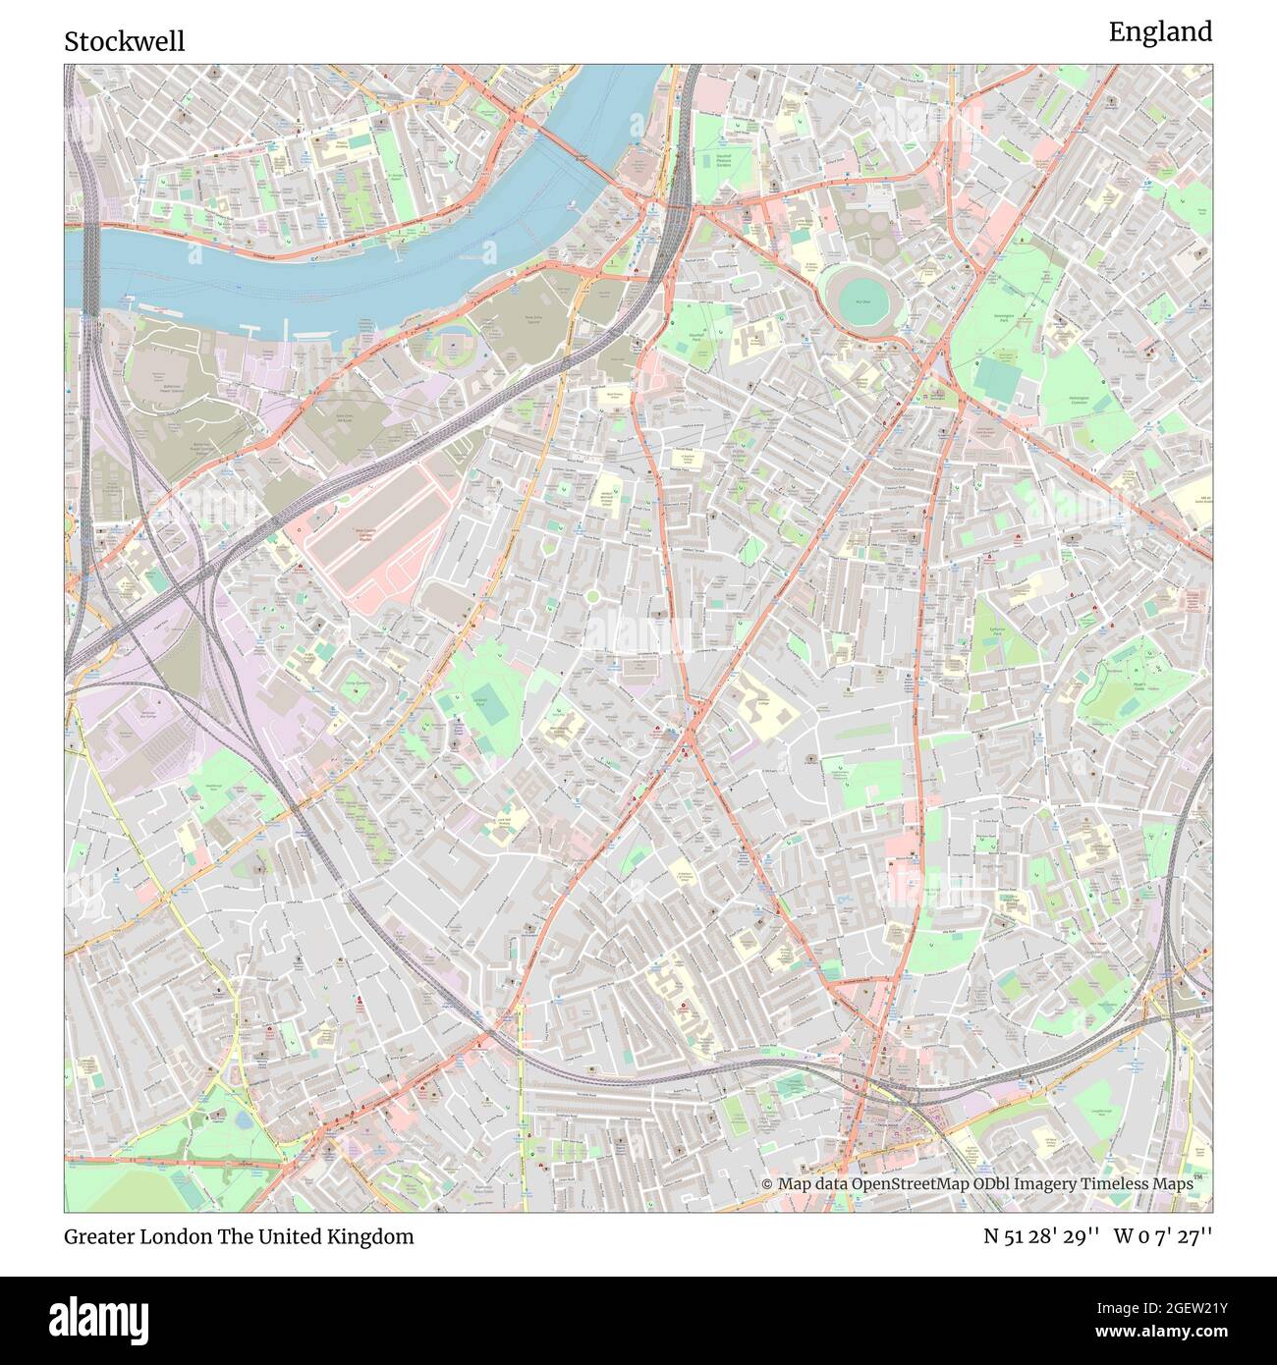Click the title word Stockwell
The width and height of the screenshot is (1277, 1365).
pos(124,41)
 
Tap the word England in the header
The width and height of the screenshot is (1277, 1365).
pos(1160,32)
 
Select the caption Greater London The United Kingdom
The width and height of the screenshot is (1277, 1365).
pos(239,1236)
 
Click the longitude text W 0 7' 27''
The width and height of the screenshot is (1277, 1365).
pos(1163,1236)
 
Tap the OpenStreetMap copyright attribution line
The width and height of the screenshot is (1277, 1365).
pos(977,1184)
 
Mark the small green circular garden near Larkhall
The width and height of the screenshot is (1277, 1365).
pos(592,596)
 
